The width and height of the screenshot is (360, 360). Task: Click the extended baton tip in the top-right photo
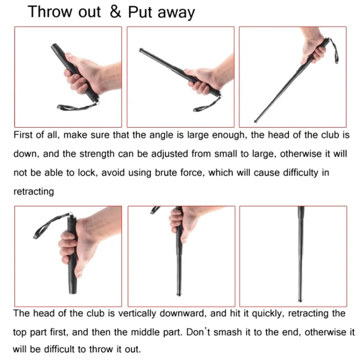tap(256, 121)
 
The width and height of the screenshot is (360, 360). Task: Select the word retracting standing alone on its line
tap(33, 191)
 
